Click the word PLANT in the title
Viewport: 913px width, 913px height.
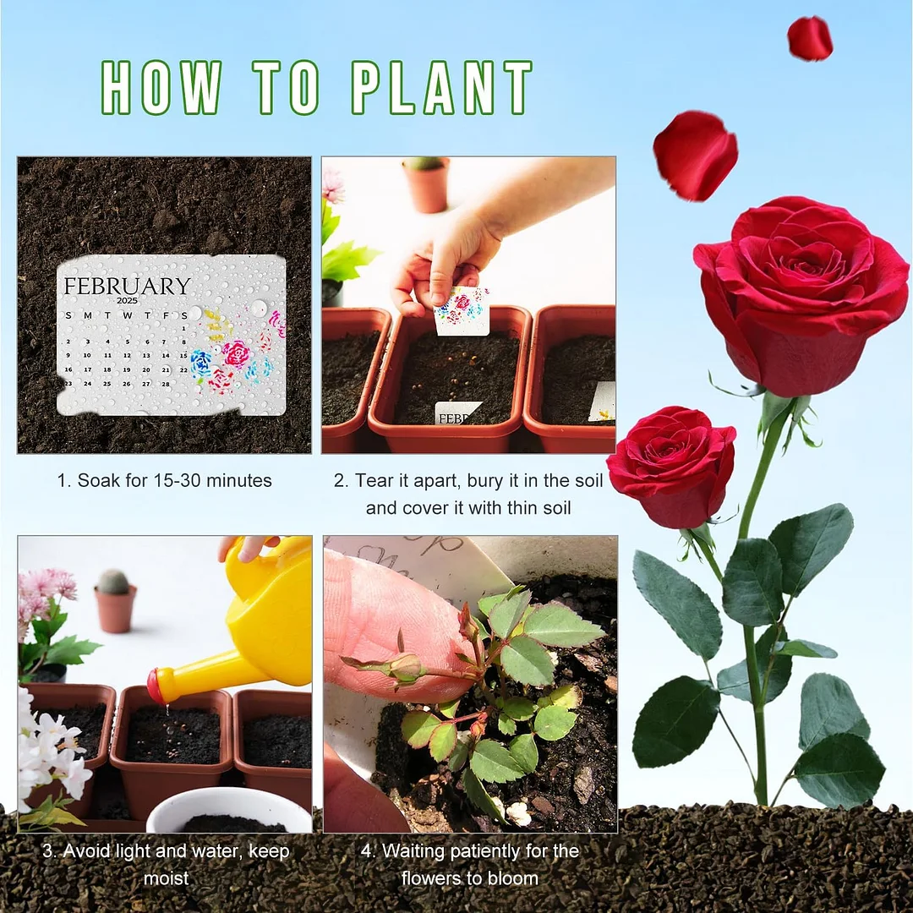click(441, 89)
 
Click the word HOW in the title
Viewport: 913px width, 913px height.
click(161, 89)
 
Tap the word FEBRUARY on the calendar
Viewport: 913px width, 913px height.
click(127, 286)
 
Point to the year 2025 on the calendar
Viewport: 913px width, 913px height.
click(127, 301)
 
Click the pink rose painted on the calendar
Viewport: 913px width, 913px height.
click(236, 353)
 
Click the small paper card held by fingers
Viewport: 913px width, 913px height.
click(462, 310)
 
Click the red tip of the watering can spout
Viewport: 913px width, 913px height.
click(154, 686)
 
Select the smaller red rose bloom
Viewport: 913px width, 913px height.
click(672, 465)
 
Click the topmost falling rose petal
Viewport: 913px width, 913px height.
click(809, 38)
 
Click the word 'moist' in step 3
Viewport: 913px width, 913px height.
click(166, 878)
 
